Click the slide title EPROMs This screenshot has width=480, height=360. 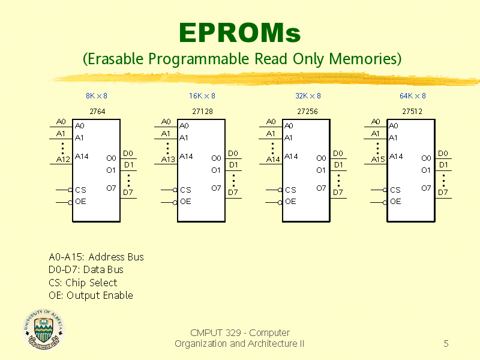(239, 33)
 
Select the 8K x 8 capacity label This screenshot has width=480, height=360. (97, 96)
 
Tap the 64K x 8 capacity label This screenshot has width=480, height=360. (412, 96)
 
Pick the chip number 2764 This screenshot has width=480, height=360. (97, 112)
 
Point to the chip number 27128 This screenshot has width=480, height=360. (202, 112)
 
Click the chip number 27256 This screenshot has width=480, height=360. (307, 112)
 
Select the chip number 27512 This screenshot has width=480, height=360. (412, 112)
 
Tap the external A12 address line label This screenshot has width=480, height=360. (63, 160)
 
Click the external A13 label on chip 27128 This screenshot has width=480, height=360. (168, 160)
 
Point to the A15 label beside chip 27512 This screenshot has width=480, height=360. (378, 160)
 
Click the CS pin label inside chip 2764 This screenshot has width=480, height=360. (81, 190)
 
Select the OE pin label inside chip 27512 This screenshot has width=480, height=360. (395, 202)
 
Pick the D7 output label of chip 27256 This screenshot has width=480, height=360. (338, 193)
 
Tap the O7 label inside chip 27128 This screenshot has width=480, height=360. (216, 188)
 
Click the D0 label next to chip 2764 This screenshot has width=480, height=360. (128, 154)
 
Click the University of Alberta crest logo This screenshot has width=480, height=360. (44, 329)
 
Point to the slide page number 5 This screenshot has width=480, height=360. (446, 343)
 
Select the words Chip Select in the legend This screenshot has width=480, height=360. (91, 283)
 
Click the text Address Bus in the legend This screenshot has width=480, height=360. (116, 257)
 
